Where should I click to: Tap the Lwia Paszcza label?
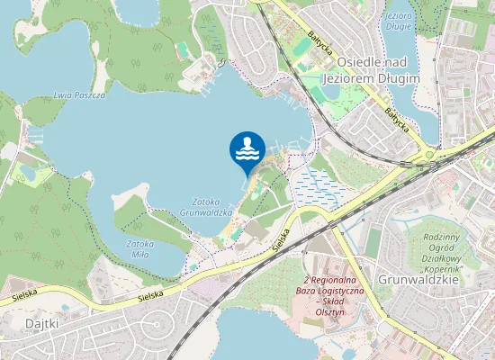79,94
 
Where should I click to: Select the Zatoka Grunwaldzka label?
212,207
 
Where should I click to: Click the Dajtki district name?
42,321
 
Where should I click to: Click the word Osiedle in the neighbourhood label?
359,62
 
